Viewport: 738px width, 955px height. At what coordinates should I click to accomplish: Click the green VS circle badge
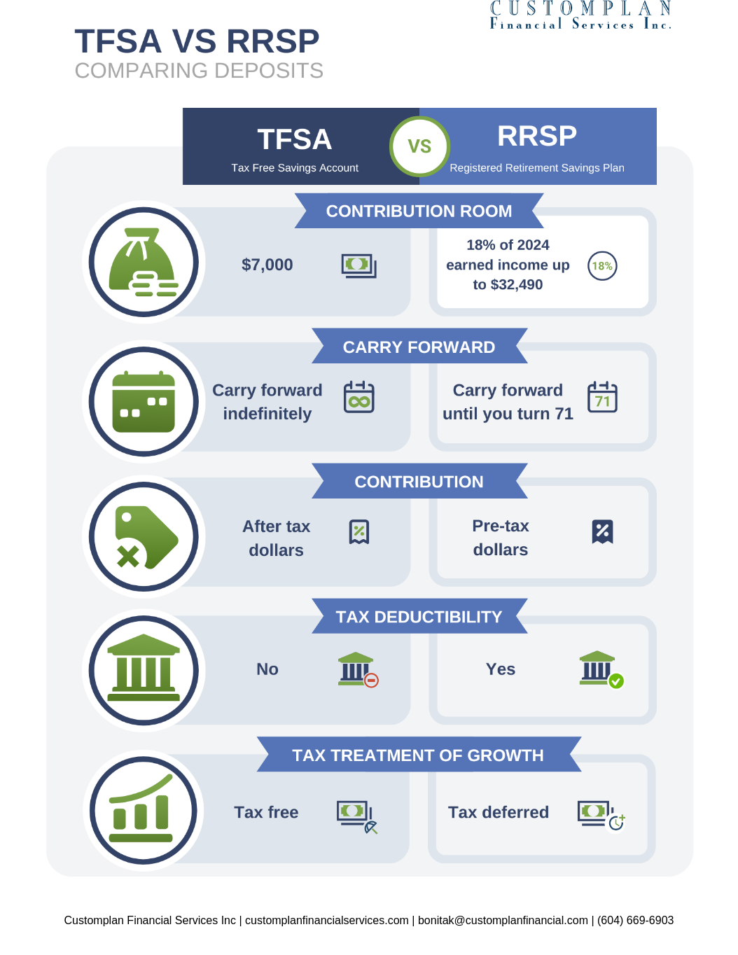click(419, 146)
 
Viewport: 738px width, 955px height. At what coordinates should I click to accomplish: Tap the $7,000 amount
click(267, 265)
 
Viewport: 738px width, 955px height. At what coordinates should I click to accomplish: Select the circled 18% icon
click(602, 265)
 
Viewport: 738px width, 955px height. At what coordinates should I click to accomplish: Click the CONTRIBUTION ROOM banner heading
click(419, 211)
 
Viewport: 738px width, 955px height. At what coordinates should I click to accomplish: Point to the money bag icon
click(144, 262)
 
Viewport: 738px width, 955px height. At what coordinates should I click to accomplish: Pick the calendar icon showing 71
click(602, 398)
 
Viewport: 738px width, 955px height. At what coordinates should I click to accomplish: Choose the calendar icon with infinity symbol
click(359, 398)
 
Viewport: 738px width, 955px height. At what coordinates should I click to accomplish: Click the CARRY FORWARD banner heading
click(419, 347)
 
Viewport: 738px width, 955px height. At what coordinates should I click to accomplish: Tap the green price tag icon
click(144, 537)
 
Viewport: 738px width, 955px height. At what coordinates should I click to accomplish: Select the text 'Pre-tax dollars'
click(500, 538)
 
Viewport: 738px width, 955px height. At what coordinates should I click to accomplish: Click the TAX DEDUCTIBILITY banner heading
click(419, 617)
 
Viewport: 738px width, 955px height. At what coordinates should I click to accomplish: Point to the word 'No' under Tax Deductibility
click(267, 669)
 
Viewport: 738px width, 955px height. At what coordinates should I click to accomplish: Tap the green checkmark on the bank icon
click(616, 681)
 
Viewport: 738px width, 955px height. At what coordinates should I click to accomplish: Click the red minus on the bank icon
click(372, 680)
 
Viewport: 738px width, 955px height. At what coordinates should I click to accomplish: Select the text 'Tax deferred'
click(499, 812)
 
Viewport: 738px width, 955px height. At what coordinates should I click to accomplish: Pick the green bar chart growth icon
click(144, 810)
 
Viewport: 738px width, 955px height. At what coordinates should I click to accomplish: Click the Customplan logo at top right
click(580, 15)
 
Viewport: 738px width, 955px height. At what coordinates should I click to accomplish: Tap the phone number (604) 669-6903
click(635, 920)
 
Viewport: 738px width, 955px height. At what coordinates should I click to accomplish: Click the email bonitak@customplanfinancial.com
click(503, 920)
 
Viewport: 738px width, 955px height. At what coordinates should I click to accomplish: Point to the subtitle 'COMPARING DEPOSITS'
click(199, 71)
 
